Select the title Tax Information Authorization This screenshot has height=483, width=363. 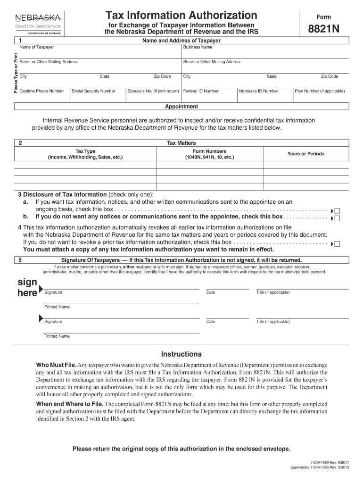point(181,15)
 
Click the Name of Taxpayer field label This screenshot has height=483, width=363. point(36,47)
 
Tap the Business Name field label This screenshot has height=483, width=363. point(198,47)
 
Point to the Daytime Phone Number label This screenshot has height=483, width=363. point(42,91)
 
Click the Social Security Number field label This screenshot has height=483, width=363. point(93,91)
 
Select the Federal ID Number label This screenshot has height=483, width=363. point(201,91)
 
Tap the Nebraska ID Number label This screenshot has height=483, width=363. point(259,91)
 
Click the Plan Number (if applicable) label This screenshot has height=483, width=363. point(320,91)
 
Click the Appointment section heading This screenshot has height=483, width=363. point(181,107)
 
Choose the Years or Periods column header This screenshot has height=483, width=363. point(306,154)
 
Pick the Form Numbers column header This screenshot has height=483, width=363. point(209,154)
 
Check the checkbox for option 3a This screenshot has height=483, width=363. point(337,211)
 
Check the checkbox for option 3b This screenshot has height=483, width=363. point(337,218)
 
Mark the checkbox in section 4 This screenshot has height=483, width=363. point(337,244)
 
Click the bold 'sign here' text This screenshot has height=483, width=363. point(27,288)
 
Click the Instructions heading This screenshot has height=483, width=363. point(181,354)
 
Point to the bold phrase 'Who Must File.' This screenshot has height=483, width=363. point(57,366)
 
